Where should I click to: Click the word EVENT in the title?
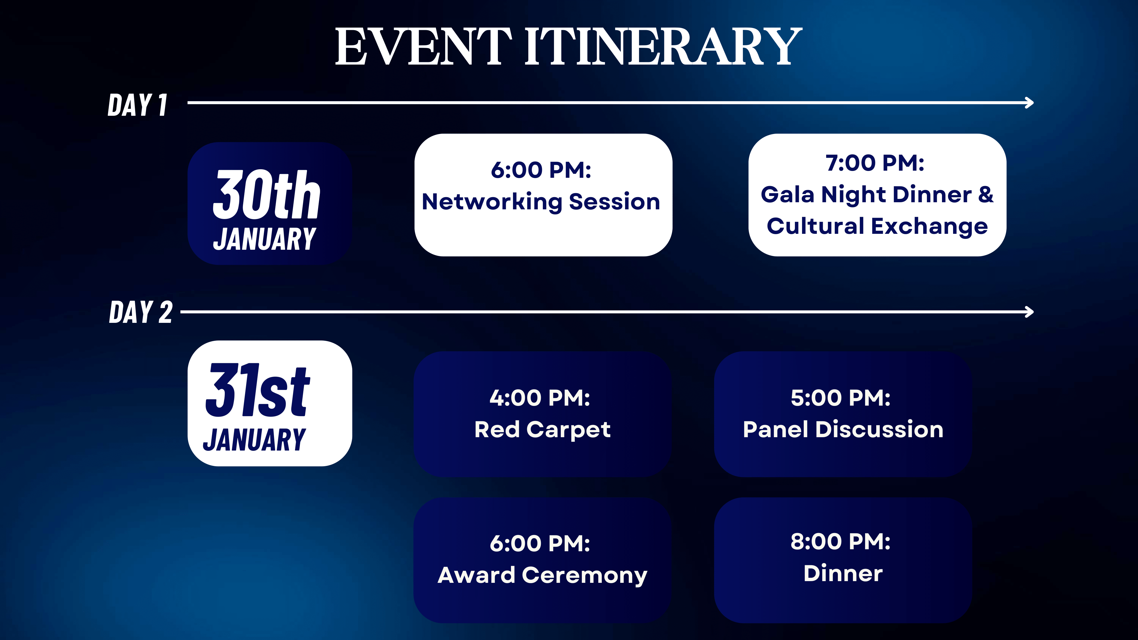click(x=423, y=46)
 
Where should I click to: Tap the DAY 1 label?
click(x=137, y=105)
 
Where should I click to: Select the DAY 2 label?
click(x=141, y=312)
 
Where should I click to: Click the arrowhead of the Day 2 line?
click(x=1029, y=312)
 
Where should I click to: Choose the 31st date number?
click(x=258, y=390)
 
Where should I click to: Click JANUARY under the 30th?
click(x=264, y=239)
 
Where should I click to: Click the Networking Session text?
click(x=541, y=202)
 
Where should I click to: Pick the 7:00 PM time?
click(x=875, y=163)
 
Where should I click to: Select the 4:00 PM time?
click(x=540, y=398)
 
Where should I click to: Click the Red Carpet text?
click(x=543, y=430)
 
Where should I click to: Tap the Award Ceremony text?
click(x=543, y=575)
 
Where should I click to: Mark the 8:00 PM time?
click(x=840, y=542)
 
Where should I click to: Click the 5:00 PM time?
click(x=840, y=398)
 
